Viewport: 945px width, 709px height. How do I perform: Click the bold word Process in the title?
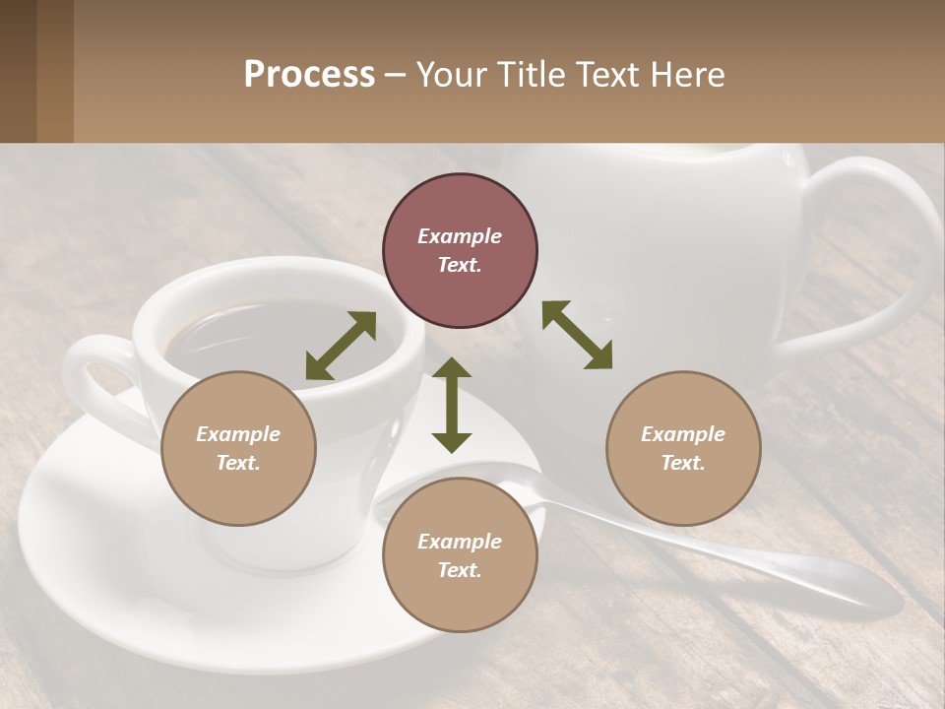pos(309,75)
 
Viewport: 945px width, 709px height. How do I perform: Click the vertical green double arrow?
pos(452,405)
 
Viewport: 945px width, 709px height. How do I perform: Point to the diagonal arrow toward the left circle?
pos(341,346)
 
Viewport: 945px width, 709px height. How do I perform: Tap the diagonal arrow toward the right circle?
pos(578,335)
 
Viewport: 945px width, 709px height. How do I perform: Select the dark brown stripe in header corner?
pos(19,71)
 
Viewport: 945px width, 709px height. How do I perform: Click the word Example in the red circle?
pos(460,236)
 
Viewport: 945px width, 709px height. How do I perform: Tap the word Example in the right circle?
pos(683,434)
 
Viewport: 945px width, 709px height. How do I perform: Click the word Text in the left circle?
pos(237,463)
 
